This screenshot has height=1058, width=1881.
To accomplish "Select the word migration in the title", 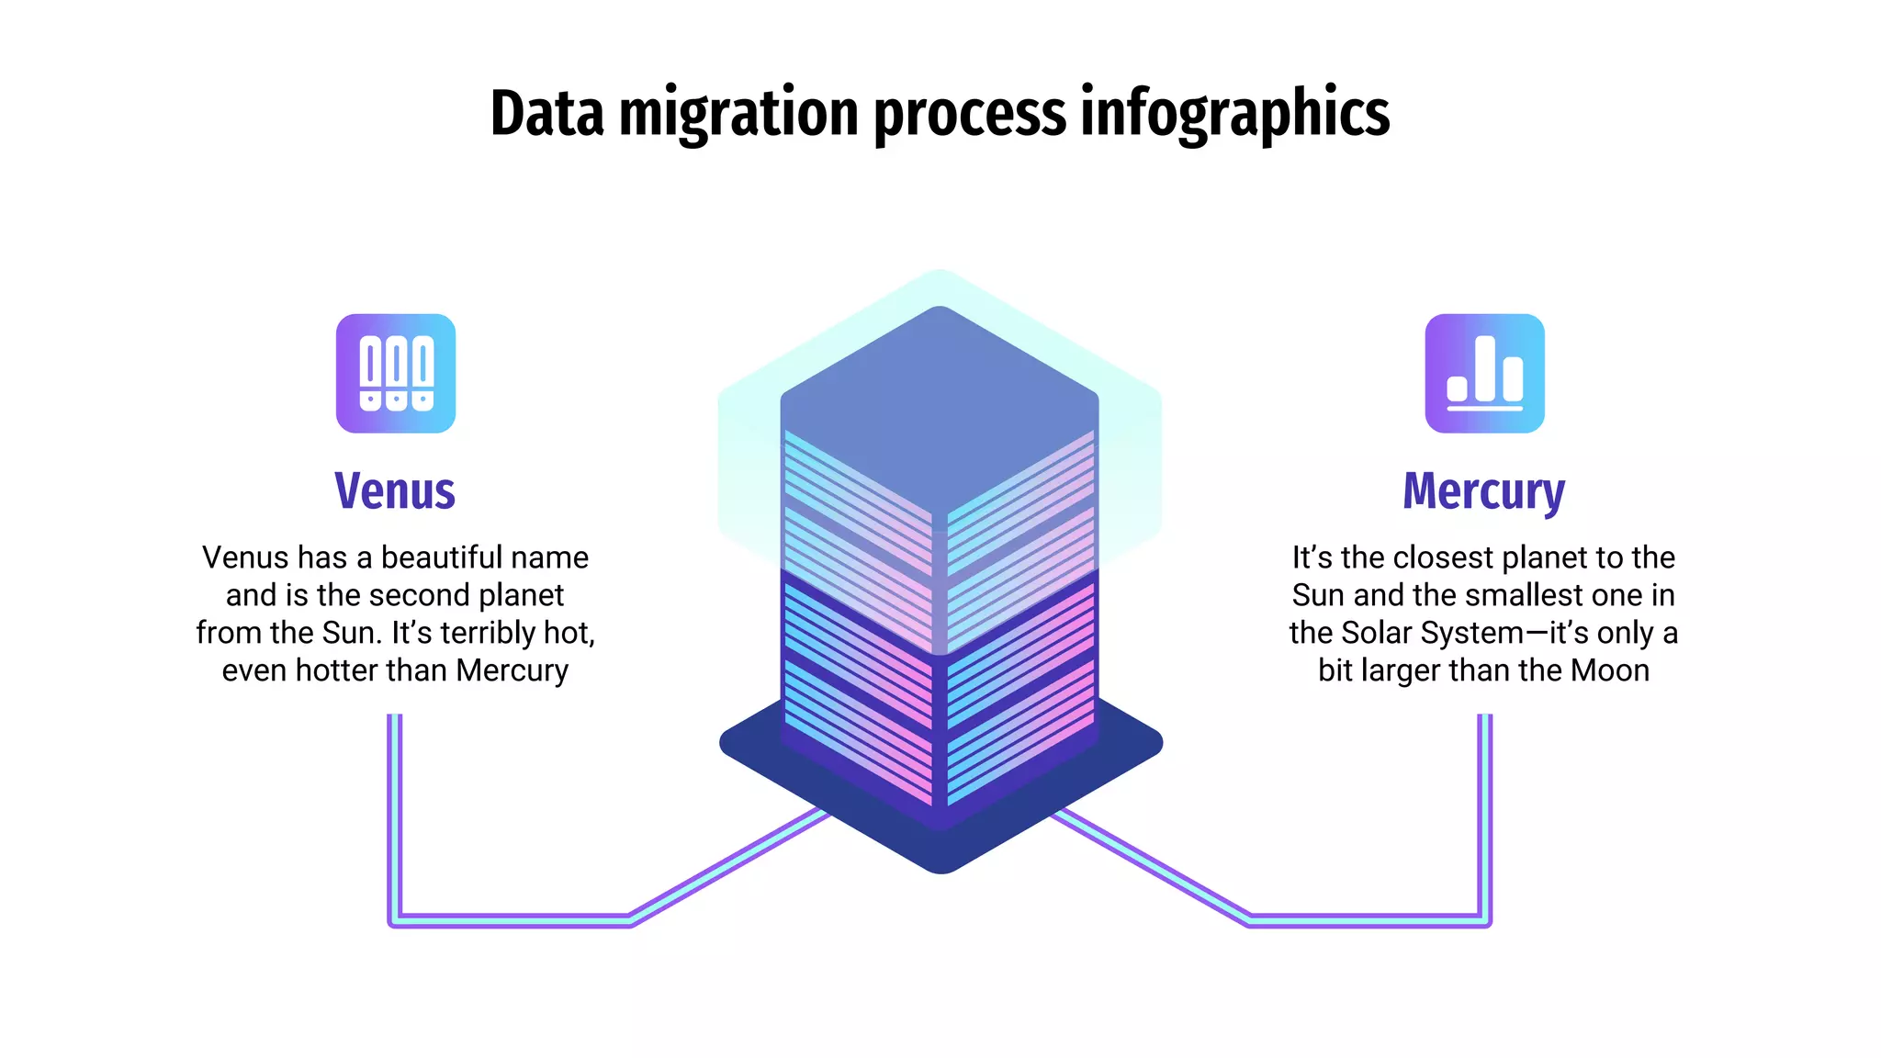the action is pos(738,115).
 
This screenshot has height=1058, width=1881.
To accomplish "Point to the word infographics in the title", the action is pos(1234,115).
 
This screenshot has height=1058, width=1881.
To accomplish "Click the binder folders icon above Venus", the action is pos(396,374).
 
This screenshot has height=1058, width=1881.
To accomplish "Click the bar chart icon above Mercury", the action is pos(1484,374).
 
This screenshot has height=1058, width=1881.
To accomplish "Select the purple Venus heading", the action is pos(395,490).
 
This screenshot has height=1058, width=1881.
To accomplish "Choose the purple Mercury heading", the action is pos(1483,492).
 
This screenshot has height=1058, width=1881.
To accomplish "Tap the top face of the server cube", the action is pos(939,404).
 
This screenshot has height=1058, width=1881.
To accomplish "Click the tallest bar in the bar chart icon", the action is pos(1485,367).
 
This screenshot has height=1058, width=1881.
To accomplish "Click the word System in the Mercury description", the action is pos(1467,633).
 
